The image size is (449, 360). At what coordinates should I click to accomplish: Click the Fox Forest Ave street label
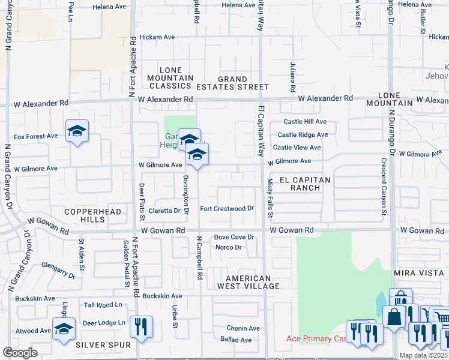click(x=35, y=136)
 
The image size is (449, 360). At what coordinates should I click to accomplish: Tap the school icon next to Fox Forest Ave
click(x=77, y=131)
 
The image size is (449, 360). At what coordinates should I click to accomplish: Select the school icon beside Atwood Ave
click(x=64, y=329)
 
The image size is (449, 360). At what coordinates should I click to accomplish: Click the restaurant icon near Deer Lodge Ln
click(x=141, y=327)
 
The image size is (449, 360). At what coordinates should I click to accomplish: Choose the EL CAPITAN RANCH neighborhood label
click(x=301, y=184)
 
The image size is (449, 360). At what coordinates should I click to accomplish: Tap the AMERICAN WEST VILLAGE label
click(x=253, y=282)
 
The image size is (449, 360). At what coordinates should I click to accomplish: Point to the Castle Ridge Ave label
click(x=303, y=135)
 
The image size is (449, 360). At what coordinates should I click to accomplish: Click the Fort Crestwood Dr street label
click(x=228, y=209)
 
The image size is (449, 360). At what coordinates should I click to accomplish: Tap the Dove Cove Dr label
click(x=235, y=238)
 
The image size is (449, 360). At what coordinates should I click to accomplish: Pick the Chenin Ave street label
click(x=243, y=328)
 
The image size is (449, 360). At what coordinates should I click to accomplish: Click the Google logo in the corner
click(x=20, y=353)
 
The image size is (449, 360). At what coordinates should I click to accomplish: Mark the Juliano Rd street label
click(x=293, y=77)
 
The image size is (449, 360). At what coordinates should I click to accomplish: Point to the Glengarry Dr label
click(x=58, y=269)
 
